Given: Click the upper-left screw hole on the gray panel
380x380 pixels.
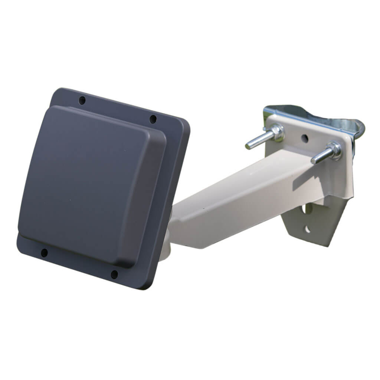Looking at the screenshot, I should pyautogui.click(x=82, y=100).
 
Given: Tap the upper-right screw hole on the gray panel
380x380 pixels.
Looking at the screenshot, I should pyautogui.click(x=153, y=119).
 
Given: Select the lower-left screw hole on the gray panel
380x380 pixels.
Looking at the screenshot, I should pyautogui.click(x=44, y=253).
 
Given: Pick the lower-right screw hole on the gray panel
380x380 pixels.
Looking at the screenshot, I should pyautogui.click(x=114, y=275).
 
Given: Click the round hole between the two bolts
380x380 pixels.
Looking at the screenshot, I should pyautogui.click(x=304, y=138).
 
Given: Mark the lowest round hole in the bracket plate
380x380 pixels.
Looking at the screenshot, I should pyautogui.click(x=307, y=229).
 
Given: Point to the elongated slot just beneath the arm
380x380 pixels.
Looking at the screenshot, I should pyautogui.click(x=307, y=209).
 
